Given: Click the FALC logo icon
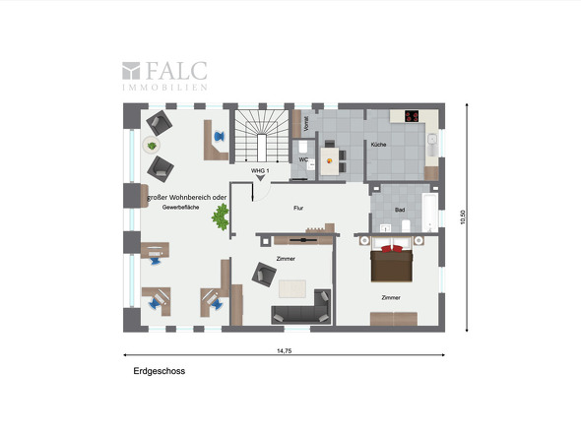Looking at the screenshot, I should point(132,71).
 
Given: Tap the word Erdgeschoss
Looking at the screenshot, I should point(160,372).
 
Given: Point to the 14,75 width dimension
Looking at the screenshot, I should point(285,350).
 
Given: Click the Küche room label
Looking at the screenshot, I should point(378,145).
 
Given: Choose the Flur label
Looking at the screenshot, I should point(298,209).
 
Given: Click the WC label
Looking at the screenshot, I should point(303,158).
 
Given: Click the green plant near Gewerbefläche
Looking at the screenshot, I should point(221,217).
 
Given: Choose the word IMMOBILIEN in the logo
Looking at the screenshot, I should point(163,87).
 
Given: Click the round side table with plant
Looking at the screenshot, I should point(152,147).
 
